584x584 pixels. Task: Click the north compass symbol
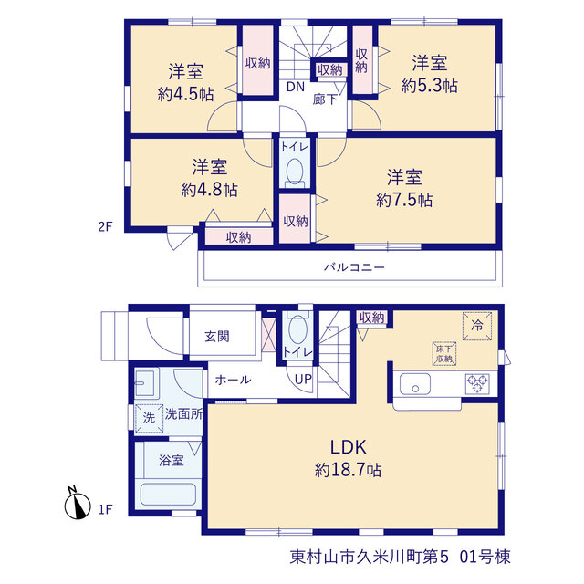(x=77, y=504)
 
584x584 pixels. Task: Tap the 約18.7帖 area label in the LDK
(x=349, y=470)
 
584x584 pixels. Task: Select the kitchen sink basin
(x=415, y=384)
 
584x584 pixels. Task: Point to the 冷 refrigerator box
(x=477, y=326)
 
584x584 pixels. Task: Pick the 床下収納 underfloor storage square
(x=444, y=353)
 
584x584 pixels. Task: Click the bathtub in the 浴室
(x=168, y=495)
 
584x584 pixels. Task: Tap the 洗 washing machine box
(x=149, y=418)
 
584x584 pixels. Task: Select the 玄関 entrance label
(x=217, y=337)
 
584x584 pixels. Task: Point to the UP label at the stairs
(x=303, y=380)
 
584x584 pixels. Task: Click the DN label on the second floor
(x=296, y=87)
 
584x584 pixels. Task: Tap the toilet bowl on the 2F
(x=296, y=172)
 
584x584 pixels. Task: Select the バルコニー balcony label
(x=354, y=267)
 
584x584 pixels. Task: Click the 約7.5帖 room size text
(x=404, y=200)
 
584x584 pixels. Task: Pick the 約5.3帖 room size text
(x=430, y=86)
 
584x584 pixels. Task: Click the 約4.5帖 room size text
(x=185, y=94)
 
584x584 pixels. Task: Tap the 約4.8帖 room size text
(x=209, y=190)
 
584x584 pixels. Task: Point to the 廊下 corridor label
(x=325, y=99)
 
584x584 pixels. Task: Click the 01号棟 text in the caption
(x=485, y=558)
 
